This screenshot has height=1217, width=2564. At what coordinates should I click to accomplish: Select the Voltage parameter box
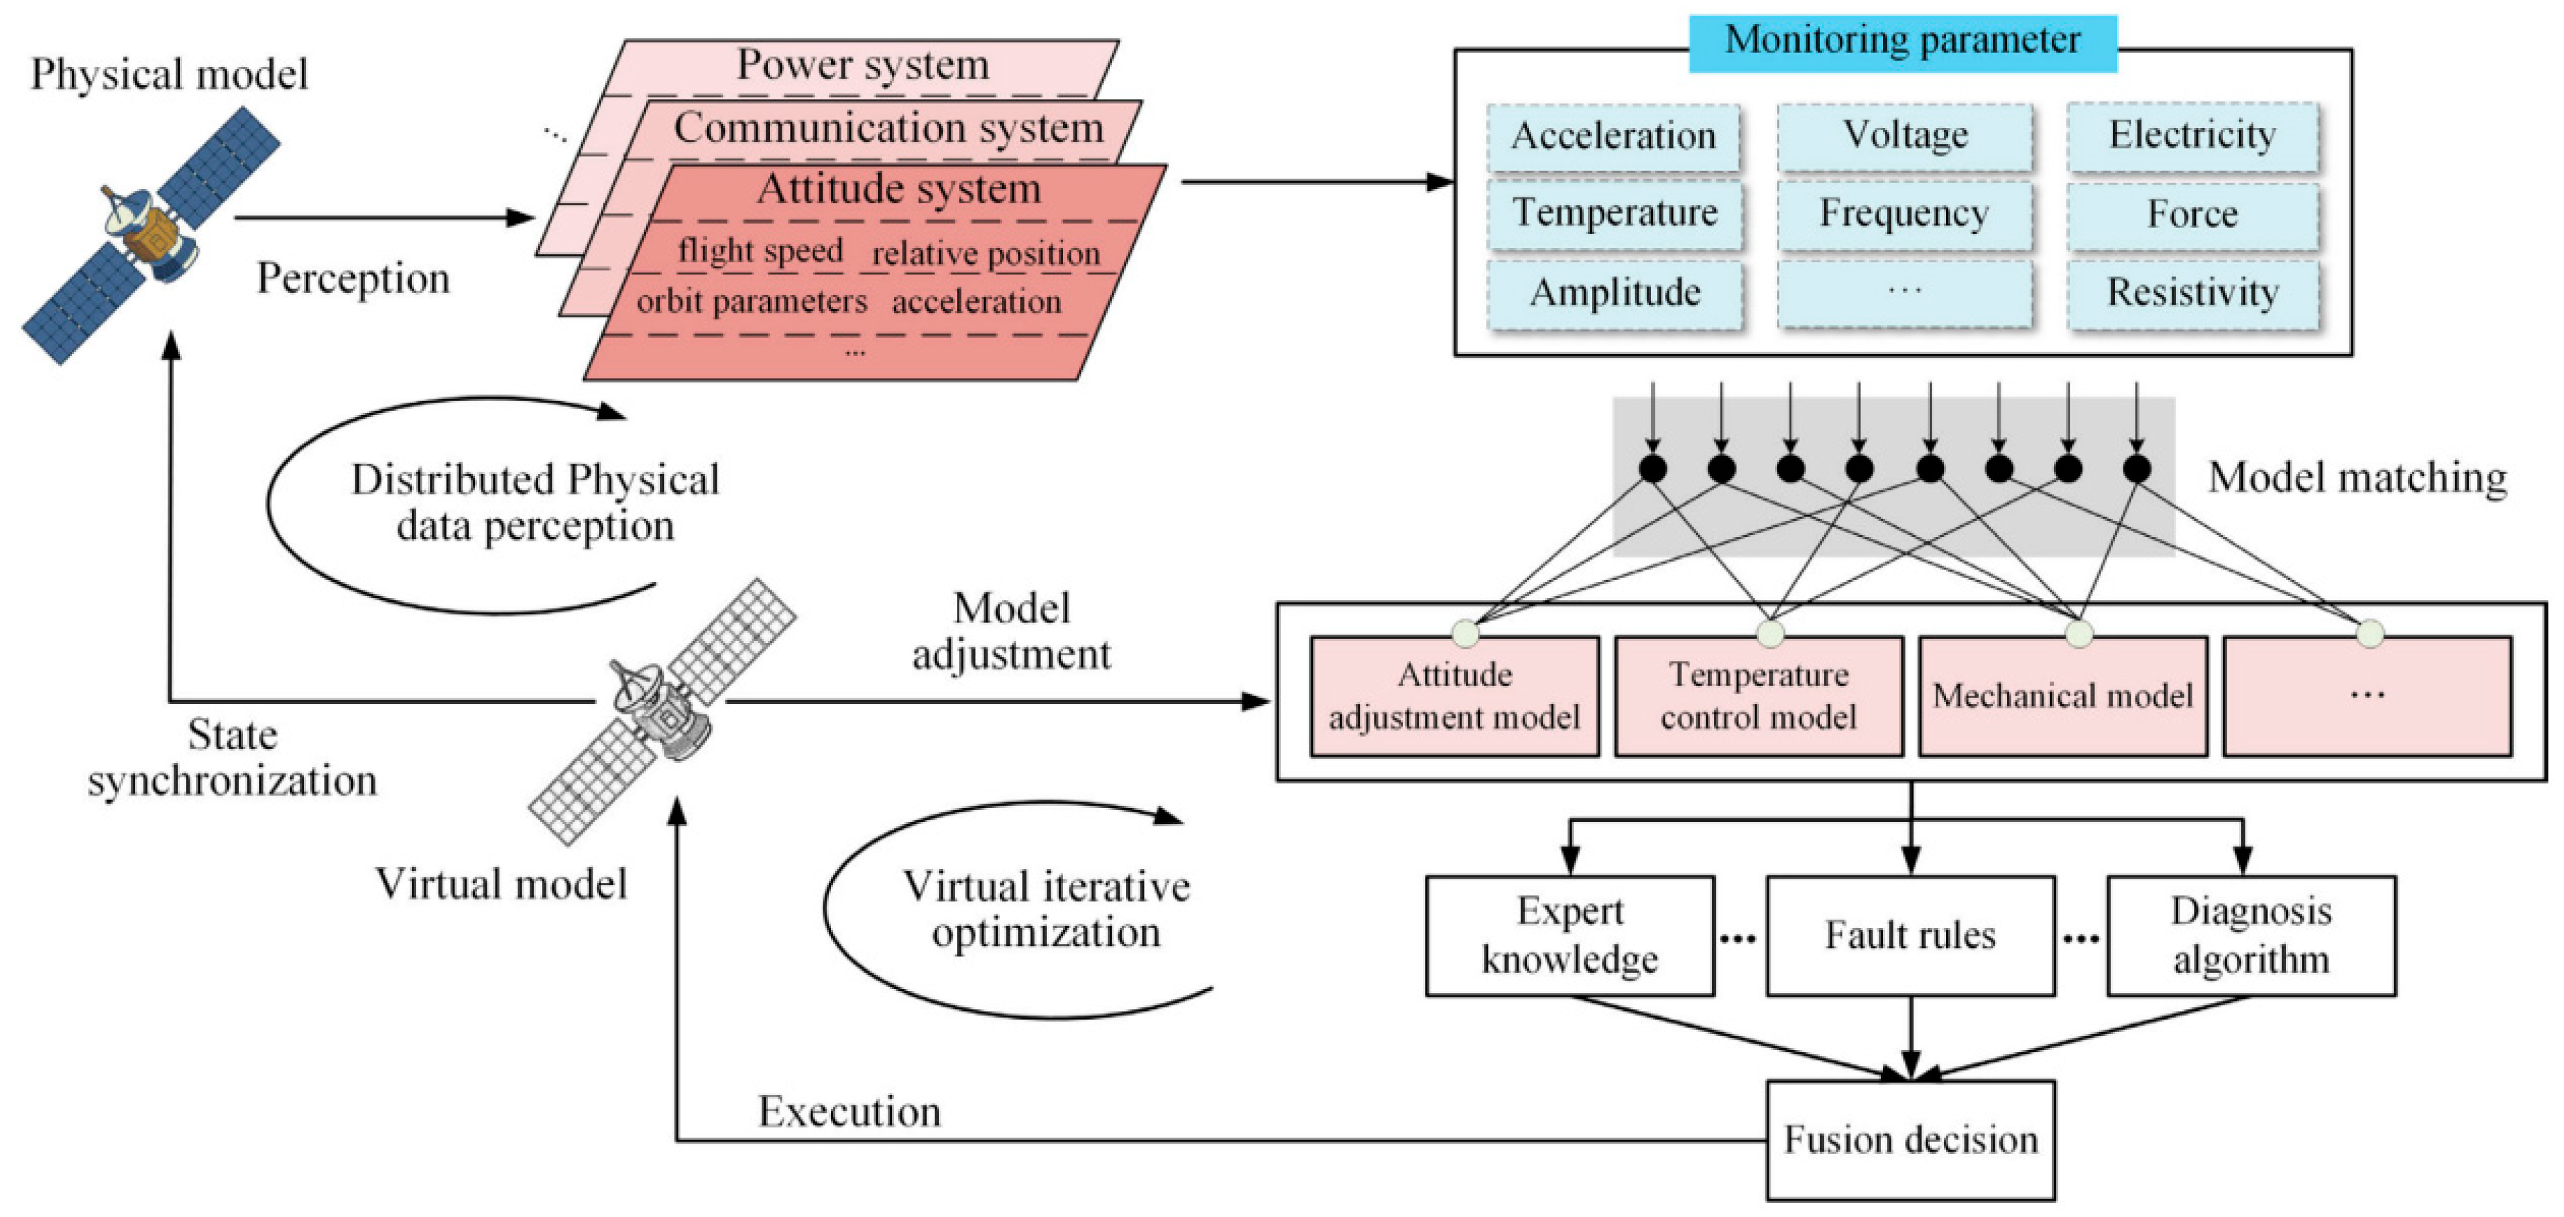(x=1904, y=135)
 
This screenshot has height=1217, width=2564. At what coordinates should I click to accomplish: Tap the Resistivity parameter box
(x=2193, y=292)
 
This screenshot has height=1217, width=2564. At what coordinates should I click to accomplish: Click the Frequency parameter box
(x=1904, y=214)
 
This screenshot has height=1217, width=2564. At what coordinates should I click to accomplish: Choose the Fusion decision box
(x=1910, y=1139)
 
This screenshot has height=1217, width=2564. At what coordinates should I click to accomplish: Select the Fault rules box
(x=1910, y=935)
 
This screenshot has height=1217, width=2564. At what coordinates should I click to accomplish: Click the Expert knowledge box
(x=1570, y=935)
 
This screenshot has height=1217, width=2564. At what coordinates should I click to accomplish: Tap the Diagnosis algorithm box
(x=2250, y=935)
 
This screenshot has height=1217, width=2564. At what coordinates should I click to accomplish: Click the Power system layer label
(x=862, y=66)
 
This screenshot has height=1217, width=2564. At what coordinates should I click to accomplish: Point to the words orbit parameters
(x=752, y=301)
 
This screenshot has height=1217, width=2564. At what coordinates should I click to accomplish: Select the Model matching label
(x=2357, y=479)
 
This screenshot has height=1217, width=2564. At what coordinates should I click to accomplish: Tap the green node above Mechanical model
(x=2079, y=633)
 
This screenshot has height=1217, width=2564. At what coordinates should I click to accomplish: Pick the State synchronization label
(x=232, y=759)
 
